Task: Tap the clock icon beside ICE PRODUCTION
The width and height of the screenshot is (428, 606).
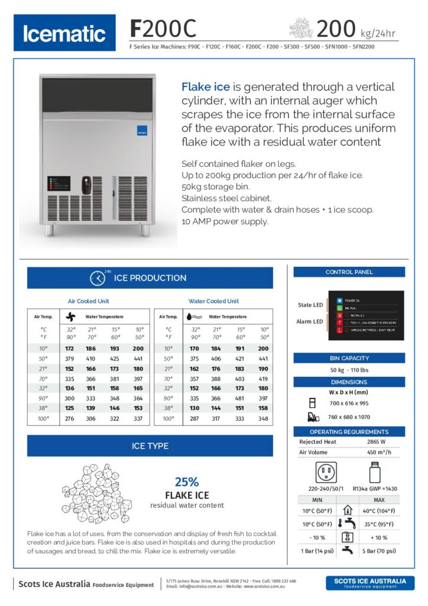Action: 97,278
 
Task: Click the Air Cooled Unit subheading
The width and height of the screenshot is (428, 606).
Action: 88,301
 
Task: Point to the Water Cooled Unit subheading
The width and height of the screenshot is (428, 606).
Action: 213,301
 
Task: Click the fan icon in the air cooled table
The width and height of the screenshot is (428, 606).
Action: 71,317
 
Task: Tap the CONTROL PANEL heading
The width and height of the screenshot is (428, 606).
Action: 349,272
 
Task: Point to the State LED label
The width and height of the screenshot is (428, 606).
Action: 310,305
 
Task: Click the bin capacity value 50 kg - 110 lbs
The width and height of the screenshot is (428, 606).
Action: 349,370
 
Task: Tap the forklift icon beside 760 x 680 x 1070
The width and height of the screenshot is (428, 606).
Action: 314,417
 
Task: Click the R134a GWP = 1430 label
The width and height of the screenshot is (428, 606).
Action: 374,489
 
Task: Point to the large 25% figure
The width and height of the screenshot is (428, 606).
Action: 187,482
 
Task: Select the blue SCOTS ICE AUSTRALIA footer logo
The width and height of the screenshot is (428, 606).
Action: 370,583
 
